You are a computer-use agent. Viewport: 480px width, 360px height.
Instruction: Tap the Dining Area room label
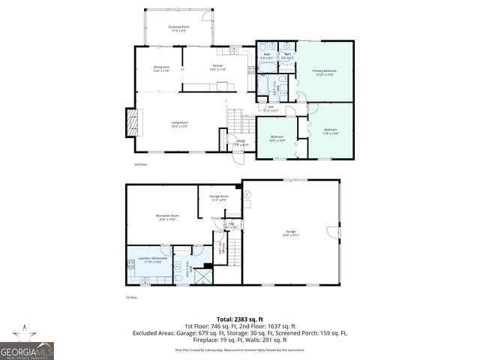tap(161, 68)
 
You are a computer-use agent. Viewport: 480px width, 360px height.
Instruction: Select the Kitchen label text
tap(218, 68)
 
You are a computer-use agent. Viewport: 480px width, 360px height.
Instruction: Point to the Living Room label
tap(178, 124)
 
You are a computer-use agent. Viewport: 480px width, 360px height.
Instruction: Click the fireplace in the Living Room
tap(132, 122)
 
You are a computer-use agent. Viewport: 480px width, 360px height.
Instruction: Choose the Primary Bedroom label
tap(324, 72)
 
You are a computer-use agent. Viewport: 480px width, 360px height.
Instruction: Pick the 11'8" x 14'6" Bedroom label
tap(330, 131)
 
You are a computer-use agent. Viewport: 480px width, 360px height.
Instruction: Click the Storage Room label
tap(219, 199)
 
